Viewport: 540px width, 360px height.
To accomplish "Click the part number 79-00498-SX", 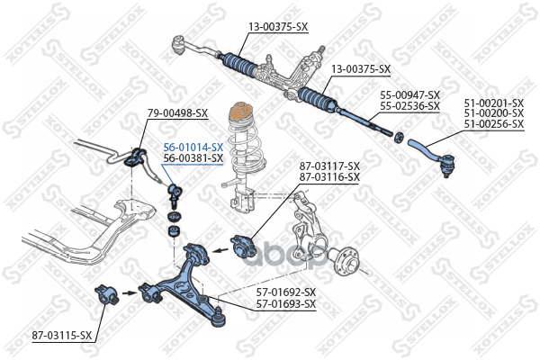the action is pos(177,113).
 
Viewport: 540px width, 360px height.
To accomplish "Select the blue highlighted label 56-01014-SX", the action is pos(193,148).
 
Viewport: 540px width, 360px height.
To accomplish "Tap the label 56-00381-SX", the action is pos(193,158).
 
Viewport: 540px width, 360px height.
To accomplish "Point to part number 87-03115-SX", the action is pos(62,335).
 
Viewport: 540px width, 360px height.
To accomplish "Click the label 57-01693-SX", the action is pos(286,304).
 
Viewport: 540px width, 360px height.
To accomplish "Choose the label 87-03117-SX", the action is pos(329,166).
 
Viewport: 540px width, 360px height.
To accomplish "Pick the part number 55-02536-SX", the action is pos(409,106).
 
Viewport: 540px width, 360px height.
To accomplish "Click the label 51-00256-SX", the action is pos(493,124).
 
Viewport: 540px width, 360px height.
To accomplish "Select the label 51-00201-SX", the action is pos(493,103).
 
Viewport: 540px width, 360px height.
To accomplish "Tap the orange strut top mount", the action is pos(239,112).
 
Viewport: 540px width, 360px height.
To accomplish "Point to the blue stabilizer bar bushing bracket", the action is pos(135,157).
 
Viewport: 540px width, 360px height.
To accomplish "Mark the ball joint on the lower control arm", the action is pos(219,317).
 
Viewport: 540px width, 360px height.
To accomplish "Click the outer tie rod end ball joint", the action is pos(446,164).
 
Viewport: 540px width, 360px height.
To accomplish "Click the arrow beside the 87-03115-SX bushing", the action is pos(129,293).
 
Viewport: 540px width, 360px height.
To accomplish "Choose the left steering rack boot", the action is pos(239,65).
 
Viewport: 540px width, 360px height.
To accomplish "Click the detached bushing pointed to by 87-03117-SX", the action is pos(243,246).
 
